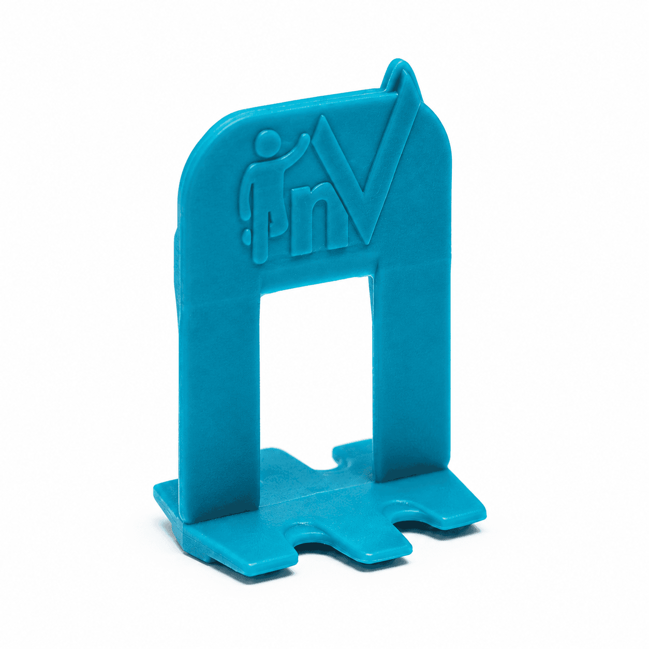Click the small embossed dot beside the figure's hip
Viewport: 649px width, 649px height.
tap(246, 236)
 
